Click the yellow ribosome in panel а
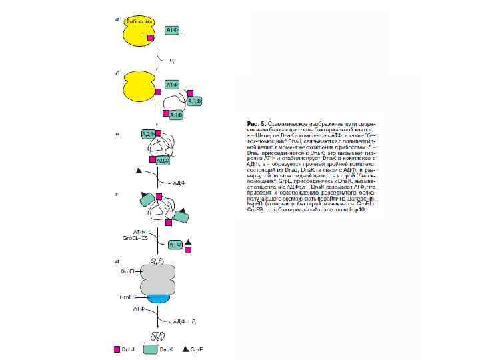[138, 31]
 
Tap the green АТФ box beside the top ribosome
[172, 29]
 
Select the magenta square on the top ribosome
[151, 38]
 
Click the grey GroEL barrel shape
[157, 278]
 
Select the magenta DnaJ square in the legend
[117, 349]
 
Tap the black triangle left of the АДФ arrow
[139, 171]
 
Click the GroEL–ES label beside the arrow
[135, 237]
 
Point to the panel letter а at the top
[118, 19]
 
